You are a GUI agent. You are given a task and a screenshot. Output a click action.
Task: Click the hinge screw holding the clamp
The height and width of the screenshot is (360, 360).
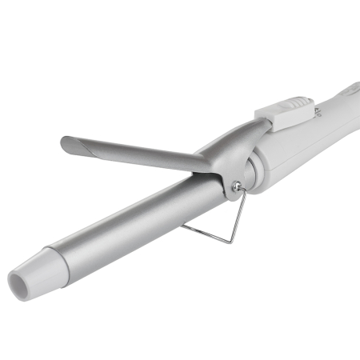234,186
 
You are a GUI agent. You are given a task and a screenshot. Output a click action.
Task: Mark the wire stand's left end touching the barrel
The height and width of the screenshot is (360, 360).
182,226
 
